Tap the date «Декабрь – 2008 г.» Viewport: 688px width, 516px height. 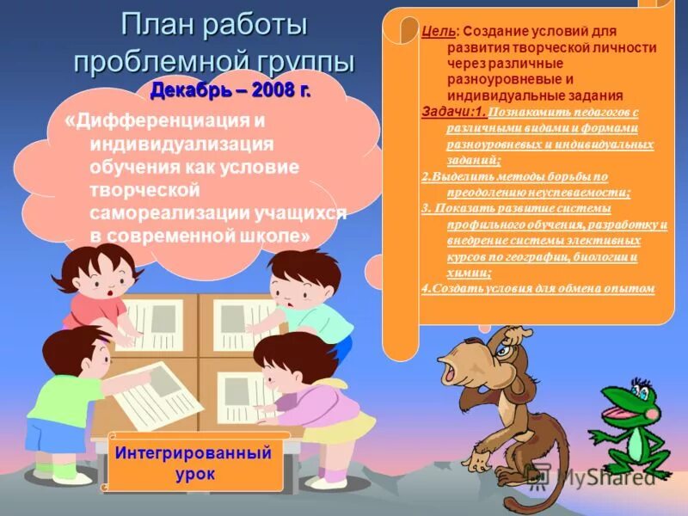[x=230, y=91]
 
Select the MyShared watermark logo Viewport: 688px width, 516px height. [x=593, y=476]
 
